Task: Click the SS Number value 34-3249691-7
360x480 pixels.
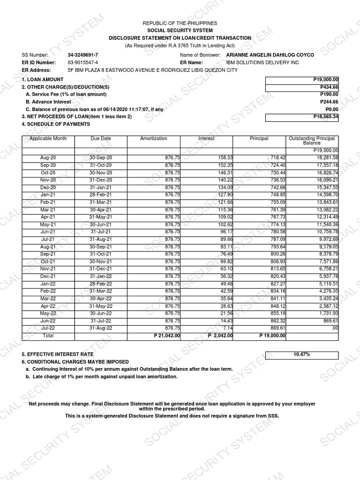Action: pos(83,55)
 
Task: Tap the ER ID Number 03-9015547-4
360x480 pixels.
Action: pos(83,62)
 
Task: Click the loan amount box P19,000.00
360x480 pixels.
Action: pos(302,80)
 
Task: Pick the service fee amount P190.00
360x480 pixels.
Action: pos(329,94)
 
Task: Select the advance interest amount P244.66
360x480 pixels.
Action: pos(329,102)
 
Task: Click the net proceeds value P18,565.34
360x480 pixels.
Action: pos(302,116)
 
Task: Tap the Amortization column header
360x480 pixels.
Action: pos(153,139)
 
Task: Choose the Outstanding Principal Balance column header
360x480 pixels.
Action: pos(312,141)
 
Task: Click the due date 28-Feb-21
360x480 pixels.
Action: pos(101,195)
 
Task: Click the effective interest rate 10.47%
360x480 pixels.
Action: pos(302,354)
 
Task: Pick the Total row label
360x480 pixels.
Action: pos(48,336)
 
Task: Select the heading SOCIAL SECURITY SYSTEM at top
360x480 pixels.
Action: pos(180,30)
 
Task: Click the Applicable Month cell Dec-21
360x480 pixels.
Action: pos(48,276)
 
